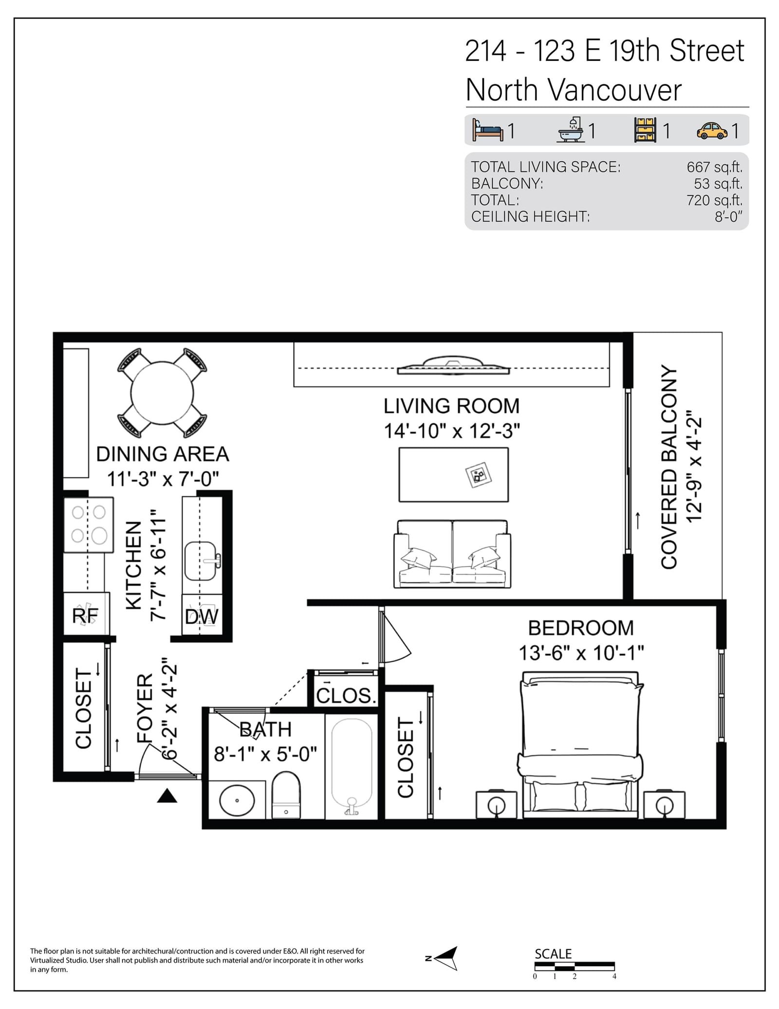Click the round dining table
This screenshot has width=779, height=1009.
pyautogui.click(x=162, y=393)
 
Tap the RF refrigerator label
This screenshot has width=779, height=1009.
pyautogui.click(x=85, y=615)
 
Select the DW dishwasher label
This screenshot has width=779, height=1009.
pyautogui.click(x=202, y=617)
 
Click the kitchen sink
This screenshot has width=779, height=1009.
pyautogui.click(x=201, y=561)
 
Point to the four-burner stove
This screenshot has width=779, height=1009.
pyautogui.click(x=89, y=525)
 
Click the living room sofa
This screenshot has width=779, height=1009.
pyautogui.click(x=452, y=553)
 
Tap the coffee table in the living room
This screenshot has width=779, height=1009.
pyautogui.click(x=454, y=475)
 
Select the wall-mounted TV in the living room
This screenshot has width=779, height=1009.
pyautogui.click(x=453, y=365)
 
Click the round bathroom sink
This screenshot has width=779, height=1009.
pyautogui.click(x=237, y=800)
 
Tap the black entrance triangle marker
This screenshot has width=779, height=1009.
pyautogui.click(x=167, y=796)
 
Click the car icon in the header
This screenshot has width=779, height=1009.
pyautogui.click(x=712, y=131)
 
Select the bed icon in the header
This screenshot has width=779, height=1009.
pyautogui.click(x=487, y=130)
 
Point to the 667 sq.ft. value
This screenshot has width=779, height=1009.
pyautogui.click(x=714, y=167)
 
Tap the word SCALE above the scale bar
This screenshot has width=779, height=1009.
pyautogui.click(x=553, y=953)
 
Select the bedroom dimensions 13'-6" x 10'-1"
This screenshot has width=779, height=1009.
pyautogui.click(x=581, y=653)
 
